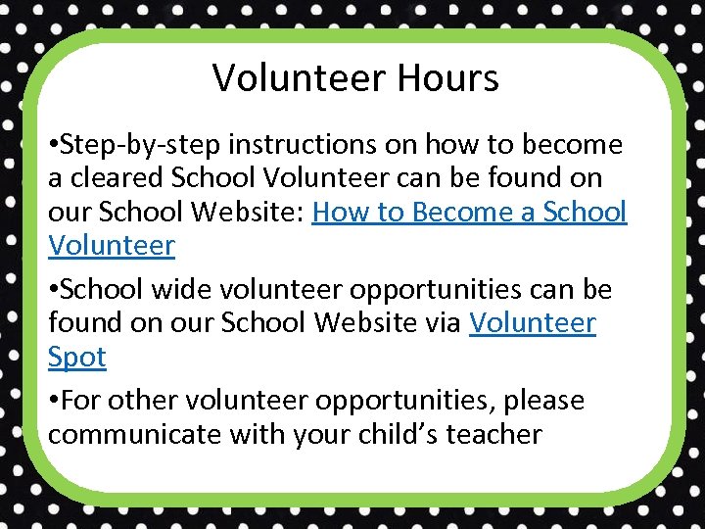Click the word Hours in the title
(450, 77)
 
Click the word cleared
(115, 178)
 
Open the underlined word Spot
(77, 358)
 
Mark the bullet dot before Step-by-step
(53, 146)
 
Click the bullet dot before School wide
(53, 291)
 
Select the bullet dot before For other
(53, 402)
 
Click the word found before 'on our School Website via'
(82, 323)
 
